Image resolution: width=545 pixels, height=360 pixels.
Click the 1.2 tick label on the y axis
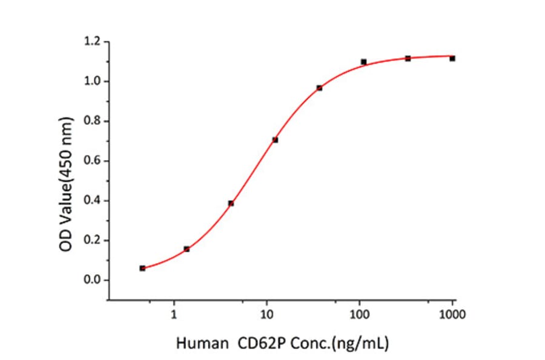[94, 42]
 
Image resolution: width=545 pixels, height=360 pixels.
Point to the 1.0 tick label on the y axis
[94, 81]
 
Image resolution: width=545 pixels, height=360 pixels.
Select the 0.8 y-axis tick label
[94, 121]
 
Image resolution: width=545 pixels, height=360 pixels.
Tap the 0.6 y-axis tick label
[94, 161]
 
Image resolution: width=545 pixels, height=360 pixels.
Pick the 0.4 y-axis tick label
[94, 201]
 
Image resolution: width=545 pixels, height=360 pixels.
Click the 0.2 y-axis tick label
[94, 241]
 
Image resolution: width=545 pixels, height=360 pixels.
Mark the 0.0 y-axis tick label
[94, 280]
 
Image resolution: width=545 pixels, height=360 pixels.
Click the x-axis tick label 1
[174, 315]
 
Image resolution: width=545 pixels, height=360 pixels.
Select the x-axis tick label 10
[266, 315]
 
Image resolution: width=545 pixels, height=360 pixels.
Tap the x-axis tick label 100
[360, 315]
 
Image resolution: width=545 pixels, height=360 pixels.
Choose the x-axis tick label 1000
[452, 315]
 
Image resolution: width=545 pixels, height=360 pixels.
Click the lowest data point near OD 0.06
[142, 268]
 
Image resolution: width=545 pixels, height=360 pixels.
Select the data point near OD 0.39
[231, 203]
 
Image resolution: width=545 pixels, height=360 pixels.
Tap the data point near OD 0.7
[275, 140]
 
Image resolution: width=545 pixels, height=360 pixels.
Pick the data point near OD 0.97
[319, 88]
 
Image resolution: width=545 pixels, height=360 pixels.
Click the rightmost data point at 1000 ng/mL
[452, 58]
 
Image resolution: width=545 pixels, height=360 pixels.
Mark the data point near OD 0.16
[187, 249]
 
